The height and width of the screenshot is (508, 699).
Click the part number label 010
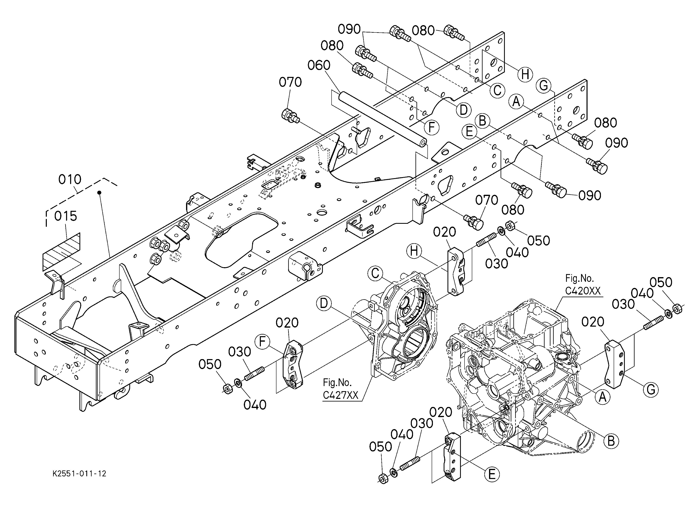coord(70,179)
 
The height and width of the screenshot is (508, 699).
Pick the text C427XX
coord(340,395)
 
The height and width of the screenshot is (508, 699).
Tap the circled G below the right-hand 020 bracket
coord(651,390)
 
